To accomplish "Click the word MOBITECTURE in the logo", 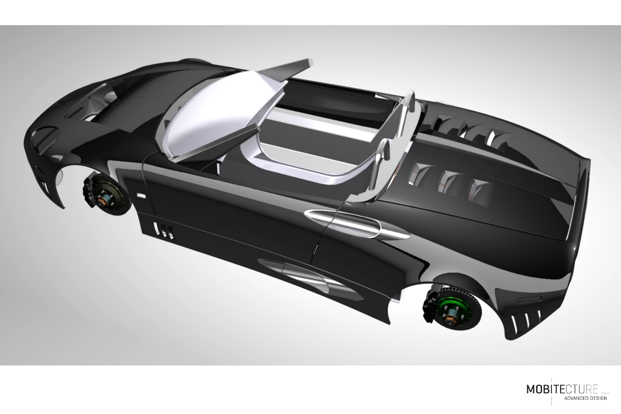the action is click(562, 389).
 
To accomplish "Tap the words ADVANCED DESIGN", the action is click(585, 398).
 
